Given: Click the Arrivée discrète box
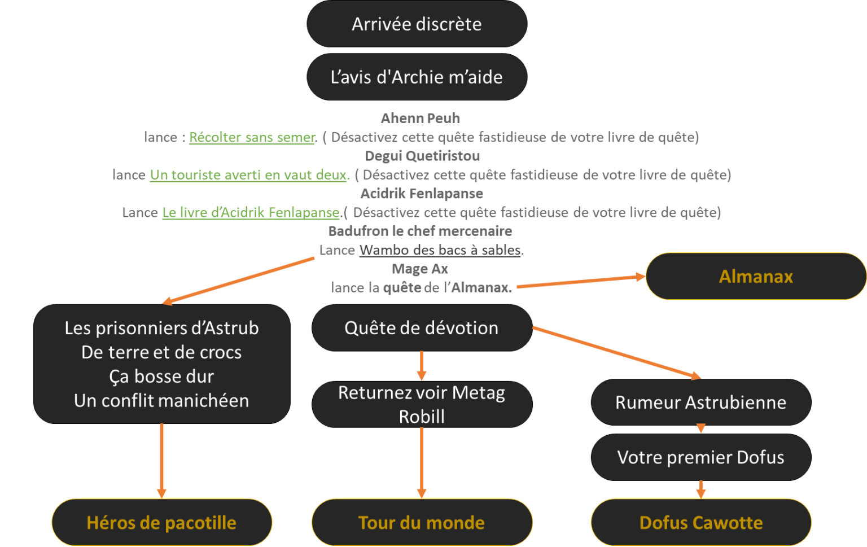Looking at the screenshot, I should tap(417, 24).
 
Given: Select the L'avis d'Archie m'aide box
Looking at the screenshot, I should tap(417, 77).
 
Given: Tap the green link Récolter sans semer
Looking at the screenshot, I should tap(252, 137).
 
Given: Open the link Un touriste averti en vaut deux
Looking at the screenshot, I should tap(248, 175).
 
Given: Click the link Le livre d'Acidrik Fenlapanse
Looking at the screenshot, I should tap(251, 212).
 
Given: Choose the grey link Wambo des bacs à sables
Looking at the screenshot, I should tap(440, 250).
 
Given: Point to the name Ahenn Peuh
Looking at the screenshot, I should tap(421, 119).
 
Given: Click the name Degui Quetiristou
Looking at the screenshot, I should tap(422, 156).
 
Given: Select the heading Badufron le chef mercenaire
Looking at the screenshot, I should tap(420, 231).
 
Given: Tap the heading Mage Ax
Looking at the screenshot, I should tap(419, 269).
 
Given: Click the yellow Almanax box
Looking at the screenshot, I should tap(756, 276).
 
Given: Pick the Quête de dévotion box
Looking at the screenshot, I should tap(422, 328).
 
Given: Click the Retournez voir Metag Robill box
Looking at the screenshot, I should tap(422, 404).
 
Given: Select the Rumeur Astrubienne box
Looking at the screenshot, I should tap(700, 402).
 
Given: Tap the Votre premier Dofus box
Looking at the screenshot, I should tap(700, 457).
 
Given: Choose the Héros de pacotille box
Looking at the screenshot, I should tap(161, 523).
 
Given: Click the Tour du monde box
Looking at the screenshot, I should tap(422, 523).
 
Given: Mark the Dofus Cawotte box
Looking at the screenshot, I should tap(700, 523).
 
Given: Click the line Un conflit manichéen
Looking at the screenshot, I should tap(161, 401).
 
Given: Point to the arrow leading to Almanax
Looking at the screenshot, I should tap(581, 282).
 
